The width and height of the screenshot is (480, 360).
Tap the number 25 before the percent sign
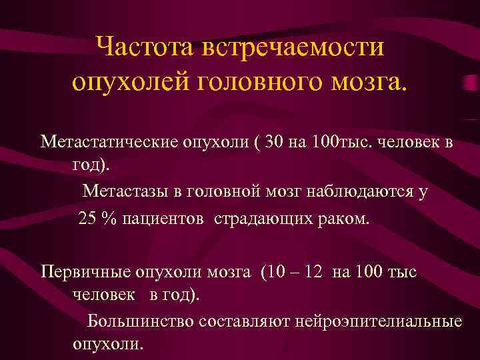(x=88, y=219)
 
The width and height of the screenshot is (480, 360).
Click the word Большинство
(x=141, y=322)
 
